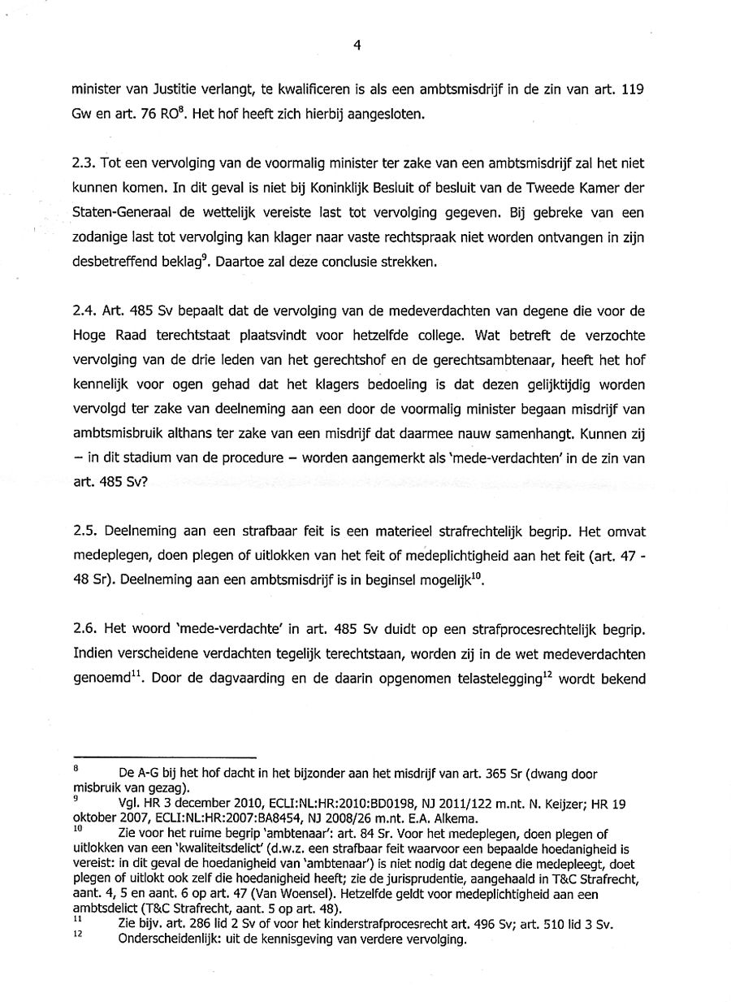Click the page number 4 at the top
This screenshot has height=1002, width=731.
[357, 46]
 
